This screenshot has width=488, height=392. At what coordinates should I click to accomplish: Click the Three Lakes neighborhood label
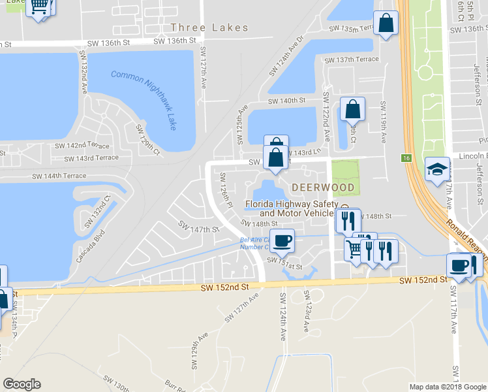[209, 27]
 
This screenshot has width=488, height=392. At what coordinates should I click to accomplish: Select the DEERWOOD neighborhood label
[323, 188]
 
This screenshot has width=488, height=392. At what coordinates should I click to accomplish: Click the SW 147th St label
[198, 229]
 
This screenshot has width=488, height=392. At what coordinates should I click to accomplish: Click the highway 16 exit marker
[406, 158]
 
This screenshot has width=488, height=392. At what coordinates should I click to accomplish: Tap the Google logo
[22, 384]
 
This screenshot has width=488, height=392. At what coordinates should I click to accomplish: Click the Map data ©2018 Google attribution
[448, 387]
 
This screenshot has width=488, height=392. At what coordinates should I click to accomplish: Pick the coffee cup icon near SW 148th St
[282, 240]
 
